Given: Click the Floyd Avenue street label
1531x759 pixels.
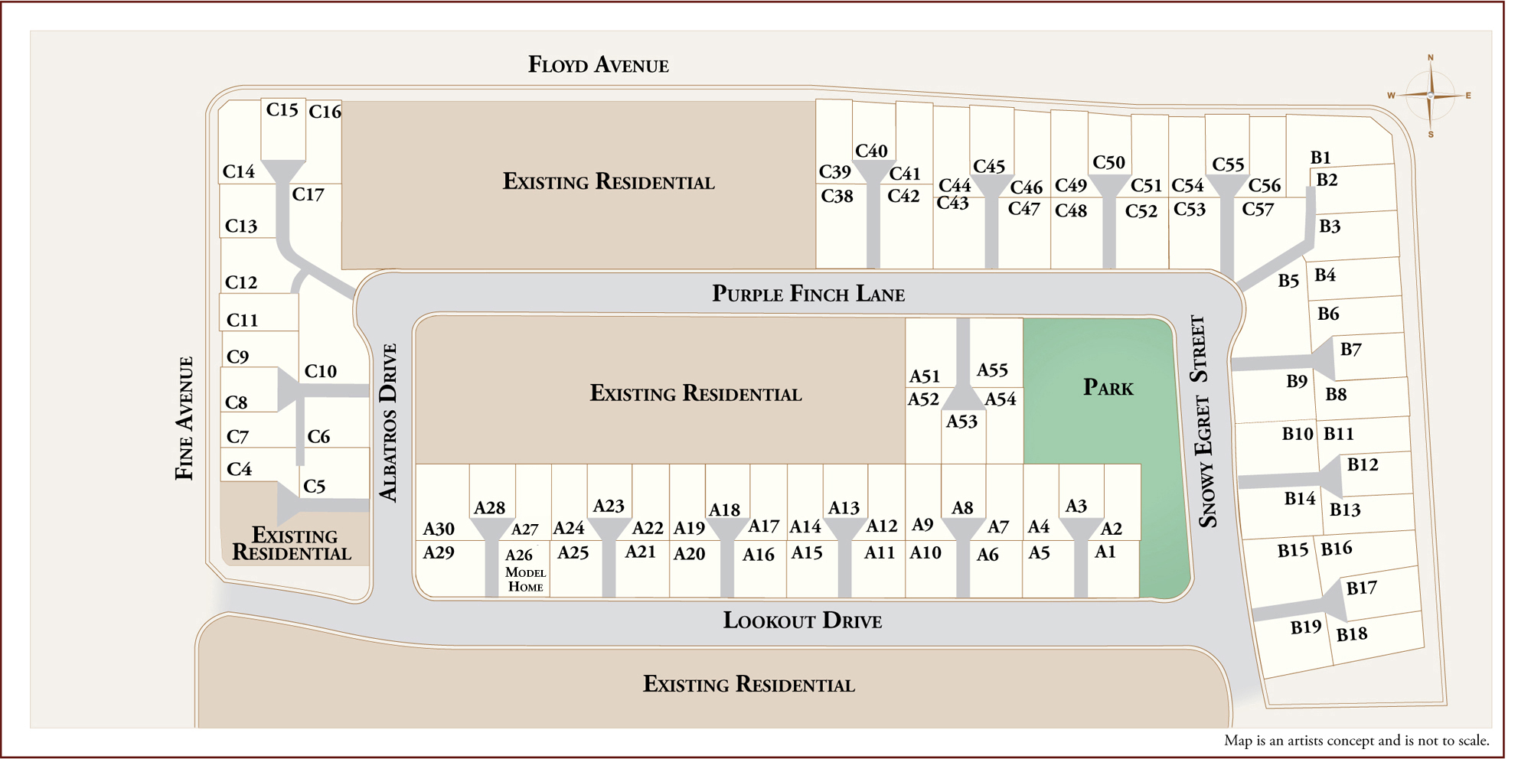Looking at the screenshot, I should [599, 65].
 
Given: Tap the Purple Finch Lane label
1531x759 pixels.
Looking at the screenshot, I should [808, 294].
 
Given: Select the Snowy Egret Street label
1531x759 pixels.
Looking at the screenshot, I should [1203, 422].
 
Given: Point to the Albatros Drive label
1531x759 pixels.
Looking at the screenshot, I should [390, 423].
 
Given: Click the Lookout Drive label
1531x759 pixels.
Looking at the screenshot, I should [802, 621].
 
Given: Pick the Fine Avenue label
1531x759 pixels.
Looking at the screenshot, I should [184, 419].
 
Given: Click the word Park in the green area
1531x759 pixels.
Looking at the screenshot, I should [1108, 388].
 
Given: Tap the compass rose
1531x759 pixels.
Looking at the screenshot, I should [1430, 96].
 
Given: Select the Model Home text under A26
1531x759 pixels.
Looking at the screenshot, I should [525, 580].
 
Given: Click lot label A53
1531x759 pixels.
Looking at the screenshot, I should [961, 422].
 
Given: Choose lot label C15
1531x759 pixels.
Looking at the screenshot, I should [282, 110].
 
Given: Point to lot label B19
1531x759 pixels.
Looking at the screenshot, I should [1305, 627].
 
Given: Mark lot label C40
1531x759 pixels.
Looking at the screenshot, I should [871, 151].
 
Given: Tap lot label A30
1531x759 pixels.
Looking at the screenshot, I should [439, 529].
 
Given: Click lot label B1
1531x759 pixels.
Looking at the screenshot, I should [1320, 158].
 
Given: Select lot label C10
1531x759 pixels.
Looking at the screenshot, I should [320, 372].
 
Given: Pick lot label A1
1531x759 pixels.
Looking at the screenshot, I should [1105, 552].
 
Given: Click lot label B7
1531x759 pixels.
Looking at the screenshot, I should [1350, 350].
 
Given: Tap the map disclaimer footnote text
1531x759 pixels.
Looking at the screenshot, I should [1356, 740].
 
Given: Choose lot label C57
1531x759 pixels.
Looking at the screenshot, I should [1258, 210].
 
